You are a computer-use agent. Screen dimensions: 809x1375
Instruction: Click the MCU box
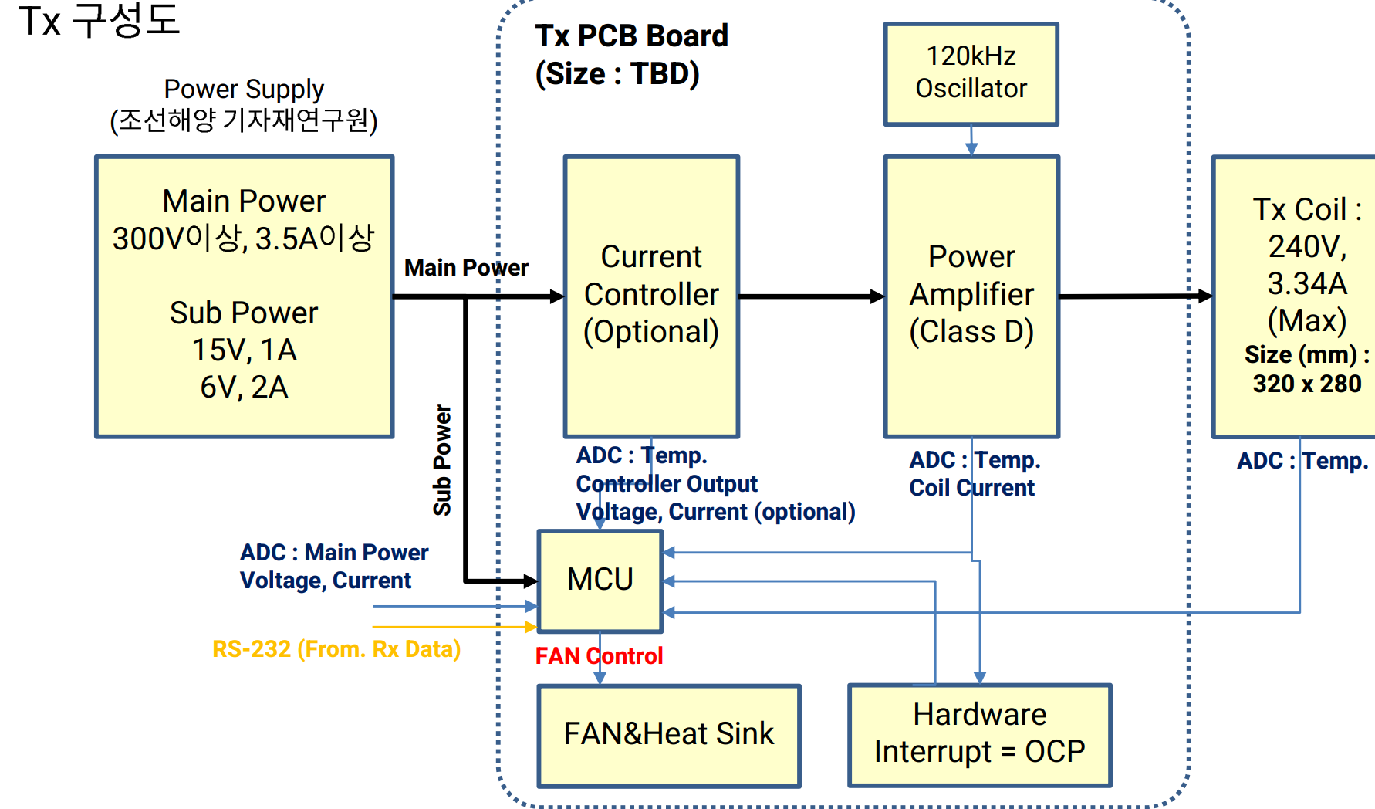coord(600,580)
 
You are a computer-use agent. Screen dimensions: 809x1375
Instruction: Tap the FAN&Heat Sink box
coord(668,734)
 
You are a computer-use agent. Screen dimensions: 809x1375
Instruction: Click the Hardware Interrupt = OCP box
coord(979,733)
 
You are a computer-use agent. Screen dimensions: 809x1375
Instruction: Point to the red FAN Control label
coord(599,656)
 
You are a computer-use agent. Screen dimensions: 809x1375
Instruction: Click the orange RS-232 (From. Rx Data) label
coord(336,649)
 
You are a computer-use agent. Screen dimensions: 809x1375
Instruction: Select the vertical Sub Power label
coord(442,459)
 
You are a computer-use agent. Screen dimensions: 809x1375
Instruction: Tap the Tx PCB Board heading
coord(631,36)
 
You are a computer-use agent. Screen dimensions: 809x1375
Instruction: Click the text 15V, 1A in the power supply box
coord(244,350)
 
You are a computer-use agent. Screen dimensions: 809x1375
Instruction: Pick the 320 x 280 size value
coord(1306,384)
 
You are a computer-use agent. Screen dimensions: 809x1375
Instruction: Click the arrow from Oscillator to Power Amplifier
coord(971,140)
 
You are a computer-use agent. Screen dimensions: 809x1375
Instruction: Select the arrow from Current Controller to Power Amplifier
coord(810,296)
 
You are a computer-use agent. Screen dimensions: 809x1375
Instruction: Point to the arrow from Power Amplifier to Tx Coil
coord(1134,296)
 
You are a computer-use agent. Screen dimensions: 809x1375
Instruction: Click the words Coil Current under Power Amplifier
coord(971,488)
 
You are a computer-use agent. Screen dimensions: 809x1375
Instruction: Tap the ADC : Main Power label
coord(333,553)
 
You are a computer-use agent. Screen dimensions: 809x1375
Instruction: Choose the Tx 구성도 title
coord(99,21)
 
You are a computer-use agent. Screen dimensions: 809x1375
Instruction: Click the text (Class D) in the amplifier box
coord(971,332)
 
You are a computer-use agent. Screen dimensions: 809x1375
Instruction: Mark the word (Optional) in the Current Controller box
coord(650,332)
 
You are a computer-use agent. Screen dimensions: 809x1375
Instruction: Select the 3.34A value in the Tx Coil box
coord(1306,283)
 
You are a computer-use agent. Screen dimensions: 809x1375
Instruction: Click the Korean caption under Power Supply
coord(244,121)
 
